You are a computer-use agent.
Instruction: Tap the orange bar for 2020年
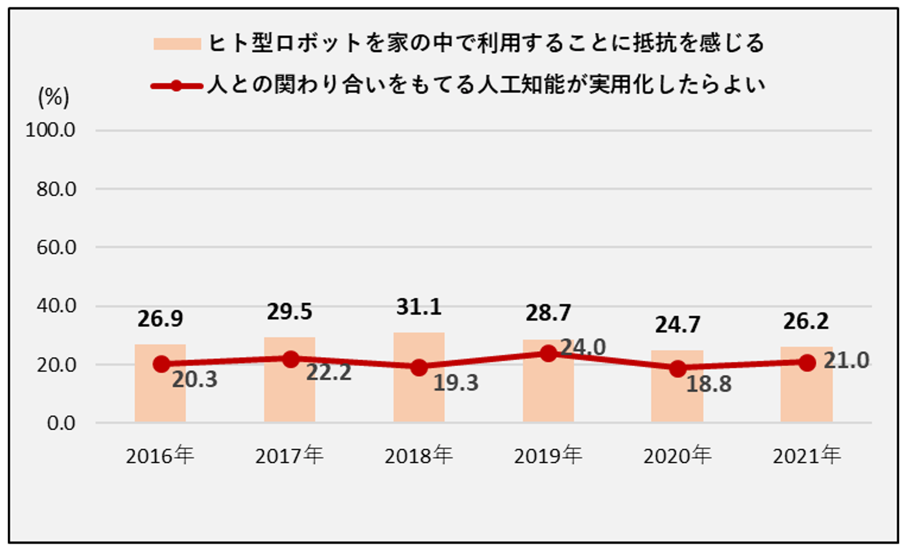tap(677, 398)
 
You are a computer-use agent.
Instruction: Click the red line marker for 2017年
tap(290, 359)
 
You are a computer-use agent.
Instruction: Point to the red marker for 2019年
tap(548, 354)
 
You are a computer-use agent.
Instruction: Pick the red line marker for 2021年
tap(807, 363)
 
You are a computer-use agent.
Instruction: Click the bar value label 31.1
tap(419, 307)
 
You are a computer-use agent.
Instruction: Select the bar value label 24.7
tap(677, 325)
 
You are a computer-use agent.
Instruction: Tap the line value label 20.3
tap(195, 379)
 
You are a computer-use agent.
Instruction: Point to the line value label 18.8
tap(709, 385)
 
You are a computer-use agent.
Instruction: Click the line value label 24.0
tap(583, 347)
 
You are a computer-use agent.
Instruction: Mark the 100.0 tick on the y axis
tap(50, 130)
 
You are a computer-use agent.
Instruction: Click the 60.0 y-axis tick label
tap(56, 247)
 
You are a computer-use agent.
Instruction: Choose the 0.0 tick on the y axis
tap(61, 423)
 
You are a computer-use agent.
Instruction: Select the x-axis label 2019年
tap(548, 455)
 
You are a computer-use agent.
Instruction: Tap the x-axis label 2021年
tap(807, 455)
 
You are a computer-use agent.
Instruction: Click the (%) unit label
tap(54, 97)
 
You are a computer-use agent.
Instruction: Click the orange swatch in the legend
tap(177, 44)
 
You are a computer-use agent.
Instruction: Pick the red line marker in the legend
tap(176, 86)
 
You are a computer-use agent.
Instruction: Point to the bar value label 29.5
tap(290, 312)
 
